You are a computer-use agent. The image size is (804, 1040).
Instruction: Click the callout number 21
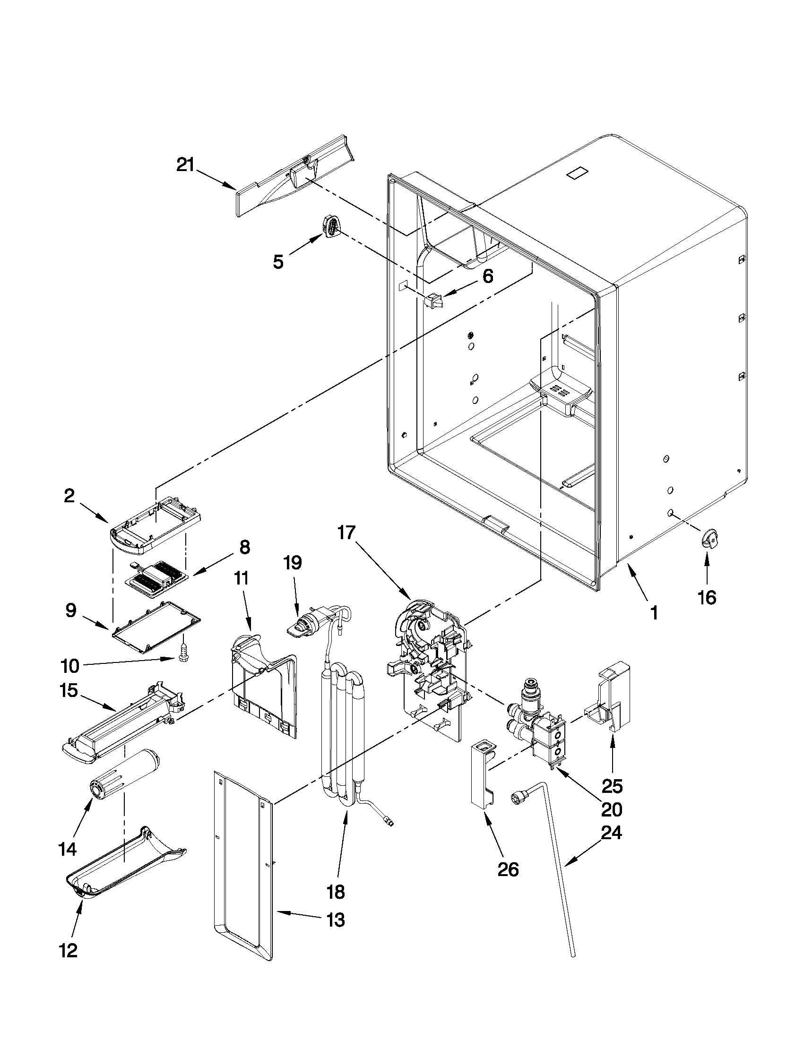coord(186,165)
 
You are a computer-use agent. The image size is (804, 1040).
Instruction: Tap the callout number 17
coord(347,533)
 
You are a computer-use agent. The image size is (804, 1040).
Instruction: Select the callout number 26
coord(508,869)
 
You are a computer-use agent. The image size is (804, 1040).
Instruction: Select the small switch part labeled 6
coord(434,301)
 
